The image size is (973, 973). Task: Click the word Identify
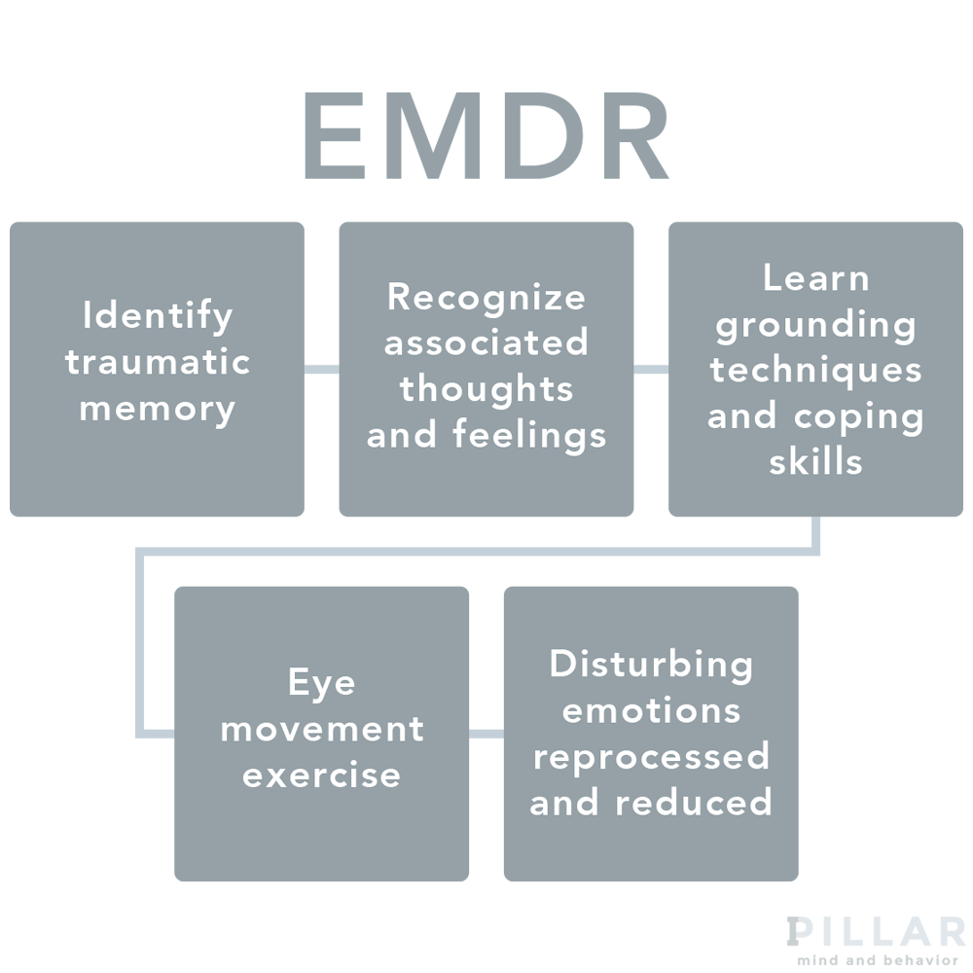pyautogui.click(x=158, y=316)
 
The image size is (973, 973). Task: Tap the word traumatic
pyautogui.click(x=158, y=362)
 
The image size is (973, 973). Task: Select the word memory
pyautogui.click(x=158, y=409)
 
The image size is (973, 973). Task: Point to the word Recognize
pyautogui.click(x=486, y=298)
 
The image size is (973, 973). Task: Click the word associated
pyautogui.click(x=486, y=342)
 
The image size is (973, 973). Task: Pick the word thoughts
pyautogui.click(x=486, y=388)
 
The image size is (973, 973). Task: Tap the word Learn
pyautogui.click(x=815, y=278)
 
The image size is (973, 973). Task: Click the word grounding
pyautogui.click(x=815, y=325)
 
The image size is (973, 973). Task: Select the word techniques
pyautogui.click(x=815, y=370)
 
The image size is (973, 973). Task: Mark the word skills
pyautogui.click(x=815, y=461)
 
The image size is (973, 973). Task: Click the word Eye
pyautogui.click(x=322, y=683)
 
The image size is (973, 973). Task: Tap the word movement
pyautogui.click(x=322, y=729)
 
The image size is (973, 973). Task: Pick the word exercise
pyautogui.click(x=322, y=775)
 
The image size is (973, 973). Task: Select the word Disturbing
pyautogui.click(x=651, y=665)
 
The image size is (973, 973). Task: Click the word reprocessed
pyautogui.click(x=651, y=756)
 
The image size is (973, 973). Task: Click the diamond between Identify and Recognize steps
pyautogui.click(x=322, y=370)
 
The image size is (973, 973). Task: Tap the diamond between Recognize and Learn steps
pyautogui.click(x=651, y=370)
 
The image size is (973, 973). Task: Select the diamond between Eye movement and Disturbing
pyautogui.click(x=486, y=734)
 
